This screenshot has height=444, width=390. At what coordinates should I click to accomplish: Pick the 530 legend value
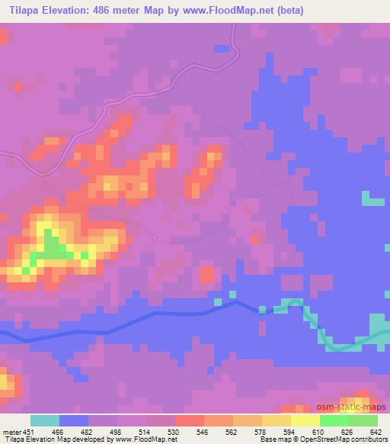click(x=174, y=431)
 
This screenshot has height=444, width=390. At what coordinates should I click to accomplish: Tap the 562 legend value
click(x=232, y=431)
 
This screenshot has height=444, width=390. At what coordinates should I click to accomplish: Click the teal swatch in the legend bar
click(x=44, y=420)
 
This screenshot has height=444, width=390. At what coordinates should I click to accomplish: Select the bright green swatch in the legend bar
click(x=334, y=420)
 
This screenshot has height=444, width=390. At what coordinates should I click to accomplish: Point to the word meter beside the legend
click(x=11, y=431)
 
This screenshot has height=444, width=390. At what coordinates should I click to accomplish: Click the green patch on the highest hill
click(x=52, y=246)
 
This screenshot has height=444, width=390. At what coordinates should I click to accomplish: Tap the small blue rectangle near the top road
click(x=222, y=48)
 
